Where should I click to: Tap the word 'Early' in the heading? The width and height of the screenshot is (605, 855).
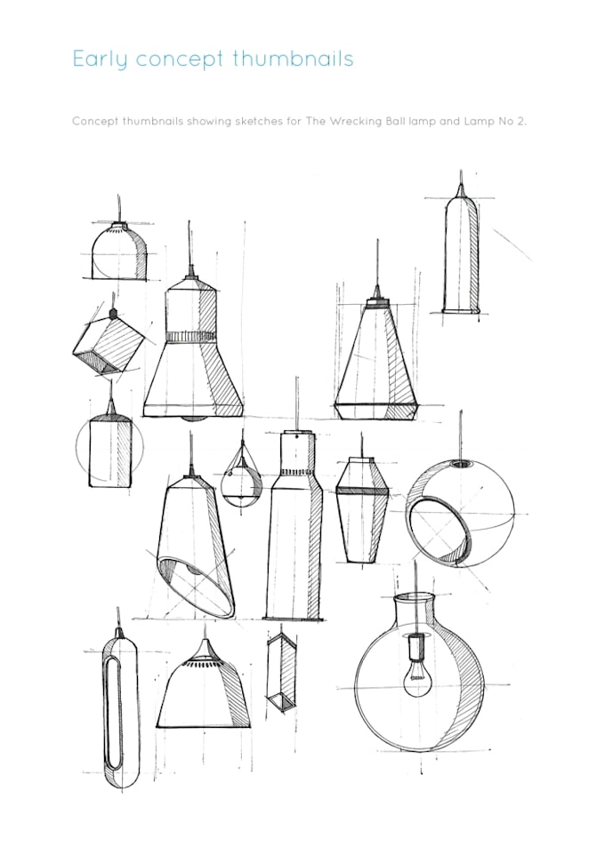(97, 60)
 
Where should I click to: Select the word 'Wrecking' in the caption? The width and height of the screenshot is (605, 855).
(350, 120)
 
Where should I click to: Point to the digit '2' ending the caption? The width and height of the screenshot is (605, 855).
(523, 120)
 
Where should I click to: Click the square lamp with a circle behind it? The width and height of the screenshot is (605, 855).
(109, 452)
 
